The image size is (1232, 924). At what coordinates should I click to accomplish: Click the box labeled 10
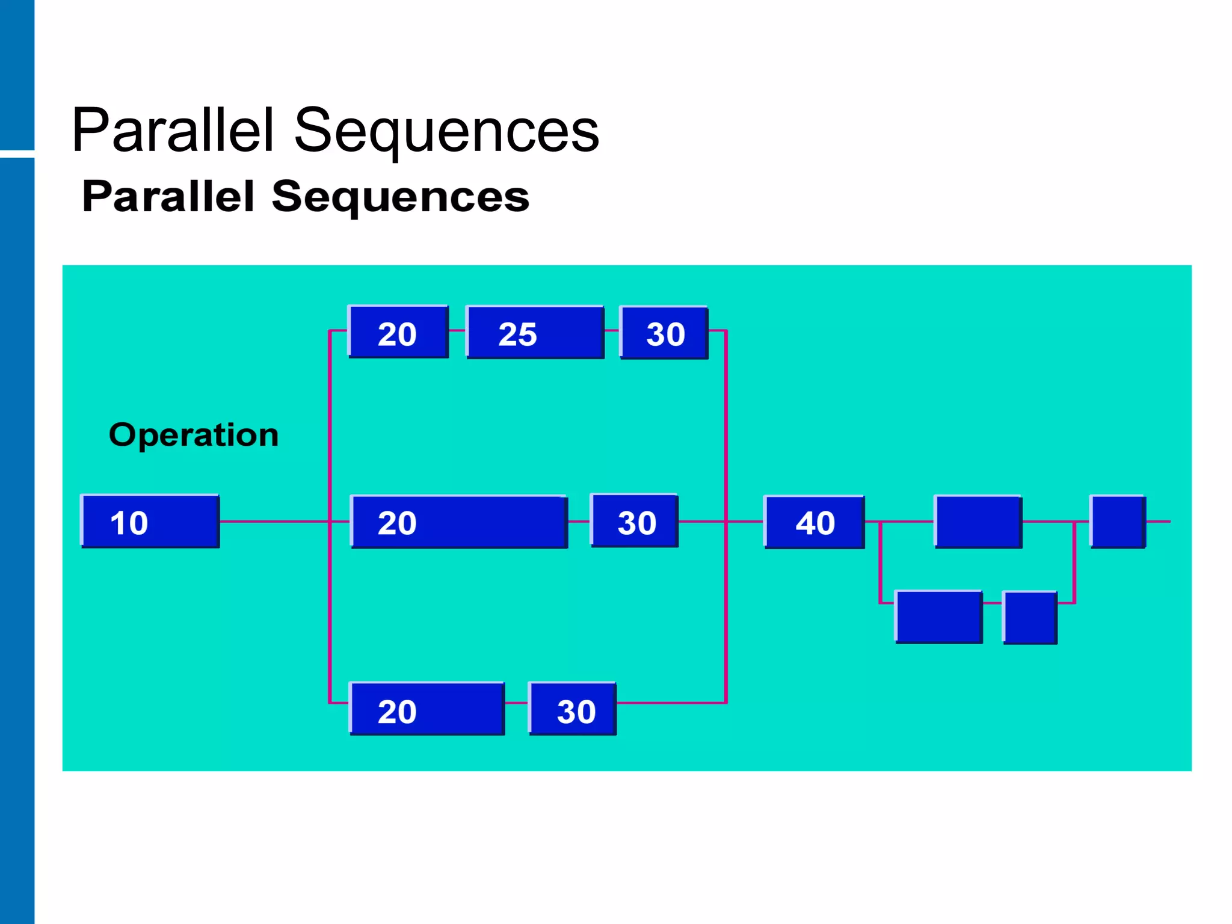click(150, 522)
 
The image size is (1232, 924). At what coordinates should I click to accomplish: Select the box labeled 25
click(535, 333)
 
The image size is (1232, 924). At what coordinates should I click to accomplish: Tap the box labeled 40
click(814, 522)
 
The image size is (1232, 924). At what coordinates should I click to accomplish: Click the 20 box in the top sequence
click(398, 332)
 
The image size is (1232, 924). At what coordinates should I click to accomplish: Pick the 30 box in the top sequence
click(664, 333)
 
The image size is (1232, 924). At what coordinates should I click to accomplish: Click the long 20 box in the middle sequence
click(459, 522)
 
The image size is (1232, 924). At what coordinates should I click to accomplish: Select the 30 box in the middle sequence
click(635, 521)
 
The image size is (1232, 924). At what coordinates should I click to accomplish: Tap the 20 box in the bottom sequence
click(427, 709)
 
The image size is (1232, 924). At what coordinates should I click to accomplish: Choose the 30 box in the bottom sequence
click(572, 709)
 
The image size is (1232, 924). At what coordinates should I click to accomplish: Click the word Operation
click(194, 435)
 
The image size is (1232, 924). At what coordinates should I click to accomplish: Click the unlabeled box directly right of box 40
click(978, 522)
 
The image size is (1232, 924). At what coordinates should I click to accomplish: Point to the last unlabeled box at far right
click(1118, 522)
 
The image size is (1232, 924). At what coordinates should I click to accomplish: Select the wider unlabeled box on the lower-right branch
click(938, 617)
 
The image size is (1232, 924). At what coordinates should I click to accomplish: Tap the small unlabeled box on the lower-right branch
click(1030, 617)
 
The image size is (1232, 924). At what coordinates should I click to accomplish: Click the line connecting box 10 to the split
click(274, 522)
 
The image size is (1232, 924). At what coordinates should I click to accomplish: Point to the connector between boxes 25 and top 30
click(612, 330)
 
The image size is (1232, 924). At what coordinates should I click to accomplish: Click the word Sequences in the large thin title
click(446, 131)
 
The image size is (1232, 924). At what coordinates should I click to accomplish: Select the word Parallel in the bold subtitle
click(168, 197)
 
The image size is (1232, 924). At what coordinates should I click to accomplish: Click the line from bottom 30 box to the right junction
click(671, 703)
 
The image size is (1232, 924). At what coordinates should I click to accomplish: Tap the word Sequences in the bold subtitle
click(400, 197)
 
